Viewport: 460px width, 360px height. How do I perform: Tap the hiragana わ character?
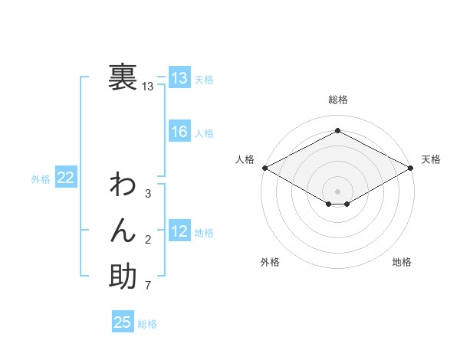[x=123, y=186]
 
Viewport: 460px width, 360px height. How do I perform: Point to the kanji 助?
[x=123, y=276]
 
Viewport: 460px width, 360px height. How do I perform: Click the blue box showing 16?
[x=179, y=132]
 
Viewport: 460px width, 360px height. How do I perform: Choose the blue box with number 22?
[x=66, y=178]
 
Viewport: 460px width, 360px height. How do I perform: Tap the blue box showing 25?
[x=123, y=322]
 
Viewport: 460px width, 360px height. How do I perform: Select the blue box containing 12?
[x=179, y=231]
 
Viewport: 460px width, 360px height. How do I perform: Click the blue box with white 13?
[x=179, y=78]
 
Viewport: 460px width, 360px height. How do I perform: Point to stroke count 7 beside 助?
[x=148, y=287]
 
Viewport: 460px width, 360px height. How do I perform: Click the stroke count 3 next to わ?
[x=148, y=194]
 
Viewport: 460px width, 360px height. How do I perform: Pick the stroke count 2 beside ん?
[x=148, y=241]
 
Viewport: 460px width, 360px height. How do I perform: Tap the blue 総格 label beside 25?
[x=147, y=324]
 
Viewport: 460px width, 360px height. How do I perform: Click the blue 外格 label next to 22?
[x=41, y=179]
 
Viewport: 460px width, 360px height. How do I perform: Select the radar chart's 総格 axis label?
[x=337, y=100]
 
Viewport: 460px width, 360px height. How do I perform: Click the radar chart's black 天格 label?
[x=431, y=159]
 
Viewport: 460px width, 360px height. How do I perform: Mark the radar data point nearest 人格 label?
[x=264, y=168]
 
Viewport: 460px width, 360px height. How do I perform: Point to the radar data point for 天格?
[x=411, y=168]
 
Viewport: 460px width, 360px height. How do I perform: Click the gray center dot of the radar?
[x=337, y=191]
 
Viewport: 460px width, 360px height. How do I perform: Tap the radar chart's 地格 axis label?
[x=402, y=262]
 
